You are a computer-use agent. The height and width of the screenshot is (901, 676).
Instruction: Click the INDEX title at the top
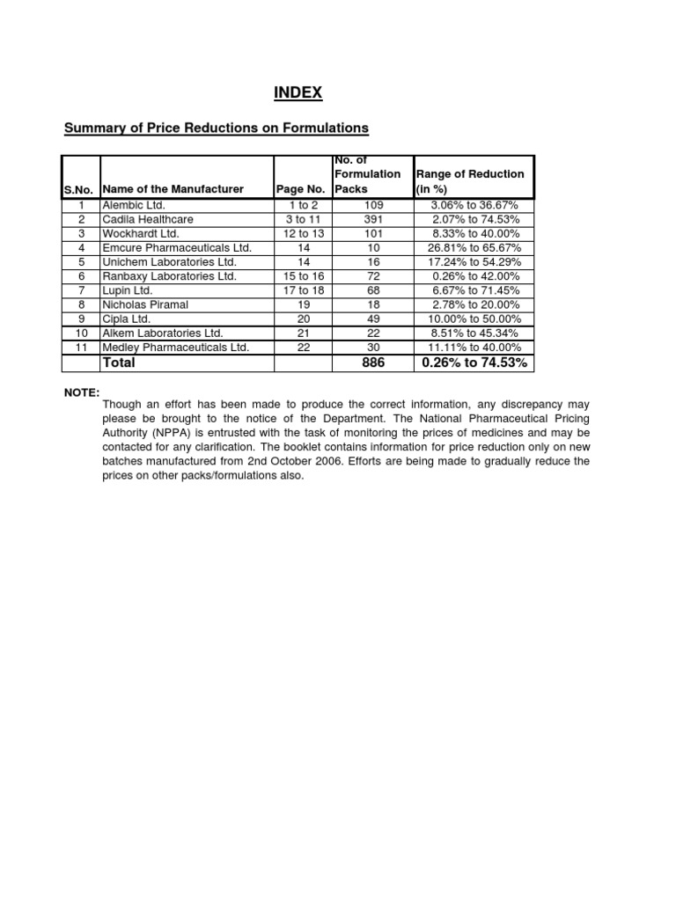point(298,92)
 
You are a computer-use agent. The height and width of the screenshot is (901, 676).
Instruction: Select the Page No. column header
point(300,189)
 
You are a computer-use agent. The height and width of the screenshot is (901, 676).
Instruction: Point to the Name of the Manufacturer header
point(173,189)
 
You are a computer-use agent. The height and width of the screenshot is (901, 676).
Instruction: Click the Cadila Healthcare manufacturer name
point(148,219)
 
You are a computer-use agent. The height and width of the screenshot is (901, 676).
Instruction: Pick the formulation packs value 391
point(373,219)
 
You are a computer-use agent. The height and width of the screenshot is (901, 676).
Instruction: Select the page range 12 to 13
point(303,233)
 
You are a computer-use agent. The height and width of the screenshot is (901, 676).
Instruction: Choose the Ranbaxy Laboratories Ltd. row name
point(170,276)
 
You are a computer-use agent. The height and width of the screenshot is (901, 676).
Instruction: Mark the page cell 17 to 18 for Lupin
point(303,290)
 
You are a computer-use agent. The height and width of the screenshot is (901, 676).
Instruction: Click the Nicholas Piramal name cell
point(145,304)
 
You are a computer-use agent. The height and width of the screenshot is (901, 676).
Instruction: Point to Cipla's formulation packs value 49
point(373,319)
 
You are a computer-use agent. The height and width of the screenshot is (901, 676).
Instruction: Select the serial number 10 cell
point(80,333)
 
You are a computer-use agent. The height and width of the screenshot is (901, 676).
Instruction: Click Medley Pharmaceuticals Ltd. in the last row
point(176,348)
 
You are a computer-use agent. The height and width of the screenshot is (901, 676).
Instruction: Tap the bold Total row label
point(121,363)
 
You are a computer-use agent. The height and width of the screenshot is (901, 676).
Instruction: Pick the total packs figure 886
point(373,363)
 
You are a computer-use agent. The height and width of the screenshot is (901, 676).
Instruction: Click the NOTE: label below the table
point(82,392)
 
